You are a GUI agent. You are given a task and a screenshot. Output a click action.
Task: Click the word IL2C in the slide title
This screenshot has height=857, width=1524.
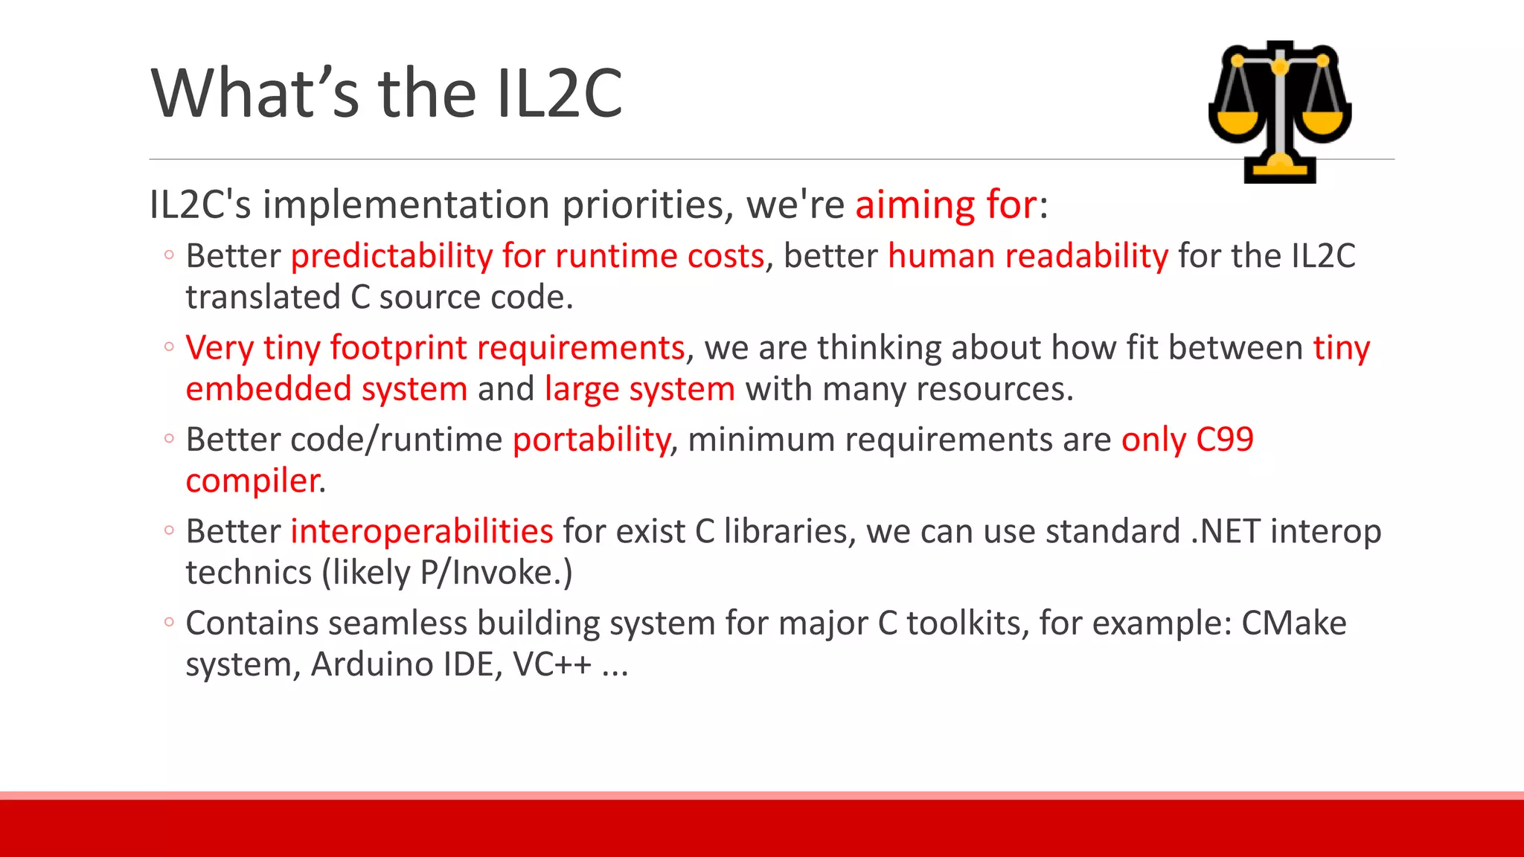[x=559, y=94]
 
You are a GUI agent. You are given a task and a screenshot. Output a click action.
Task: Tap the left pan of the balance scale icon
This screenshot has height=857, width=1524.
[x=1236, y=123]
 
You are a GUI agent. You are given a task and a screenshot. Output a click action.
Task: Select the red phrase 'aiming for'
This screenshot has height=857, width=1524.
[x=946, y=205]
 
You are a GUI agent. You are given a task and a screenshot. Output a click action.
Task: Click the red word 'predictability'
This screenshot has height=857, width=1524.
[x=391, y=257]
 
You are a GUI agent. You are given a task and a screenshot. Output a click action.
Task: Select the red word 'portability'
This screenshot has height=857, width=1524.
[x=592, y=440]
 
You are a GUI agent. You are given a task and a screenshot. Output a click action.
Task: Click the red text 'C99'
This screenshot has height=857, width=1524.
[x=1224, y=440]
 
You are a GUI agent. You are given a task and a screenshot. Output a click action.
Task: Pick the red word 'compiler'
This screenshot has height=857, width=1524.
[x=252, y=481]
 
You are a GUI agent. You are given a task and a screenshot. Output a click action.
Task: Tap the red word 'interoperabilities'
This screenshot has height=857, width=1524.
[x=421, y=532]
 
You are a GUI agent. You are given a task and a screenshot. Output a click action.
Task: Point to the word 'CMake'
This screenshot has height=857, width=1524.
[x=1293, y=623]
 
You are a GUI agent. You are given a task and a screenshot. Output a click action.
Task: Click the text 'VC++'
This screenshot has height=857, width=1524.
[x=552, y=664]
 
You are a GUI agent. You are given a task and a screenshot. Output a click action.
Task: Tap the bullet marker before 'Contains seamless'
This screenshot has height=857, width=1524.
[x=169, y=621]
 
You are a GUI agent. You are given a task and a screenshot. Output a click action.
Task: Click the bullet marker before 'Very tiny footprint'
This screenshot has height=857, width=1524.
[x=169, y=346]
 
